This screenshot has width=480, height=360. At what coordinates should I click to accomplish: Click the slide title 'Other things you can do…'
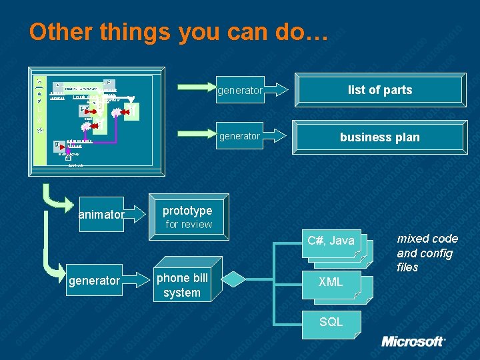pyautogui.click(x=179, y=31)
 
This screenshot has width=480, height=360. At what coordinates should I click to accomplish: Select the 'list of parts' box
pyautogui.click(x=380, y=90)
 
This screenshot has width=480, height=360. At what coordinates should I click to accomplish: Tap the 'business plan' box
pyautogui.click(x=380, y=137)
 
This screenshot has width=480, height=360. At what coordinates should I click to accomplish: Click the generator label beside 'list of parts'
pyautogui.click(x=239, y=90)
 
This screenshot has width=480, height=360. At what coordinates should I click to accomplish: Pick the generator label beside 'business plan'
pyautogui.click(x=239, y=136)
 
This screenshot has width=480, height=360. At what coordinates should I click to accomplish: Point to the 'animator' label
pyautogui.click(x=101, y=215)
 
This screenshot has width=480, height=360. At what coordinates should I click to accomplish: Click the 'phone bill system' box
pyautogui.click(x=182, y=285)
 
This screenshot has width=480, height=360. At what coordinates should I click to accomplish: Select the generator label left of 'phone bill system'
pyautogui.click(x=94, y=281)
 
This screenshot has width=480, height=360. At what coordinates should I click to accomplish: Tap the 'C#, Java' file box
pyautogui.click(x=331, y=241)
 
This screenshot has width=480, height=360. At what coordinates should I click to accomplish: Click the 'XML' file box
pyautogui.click(x=331, y=282)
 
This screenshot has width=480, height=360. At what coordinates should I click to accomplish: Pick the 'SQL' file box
pyautogui.click(x=331, y=322)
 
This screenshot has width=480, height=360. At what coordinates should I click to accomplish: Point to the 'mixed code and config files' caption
pyautogui.click(x=427, y=253)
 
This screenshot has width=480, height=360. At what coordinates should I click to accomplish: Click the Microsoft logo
pyautogui.click(x=413, y=341)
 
